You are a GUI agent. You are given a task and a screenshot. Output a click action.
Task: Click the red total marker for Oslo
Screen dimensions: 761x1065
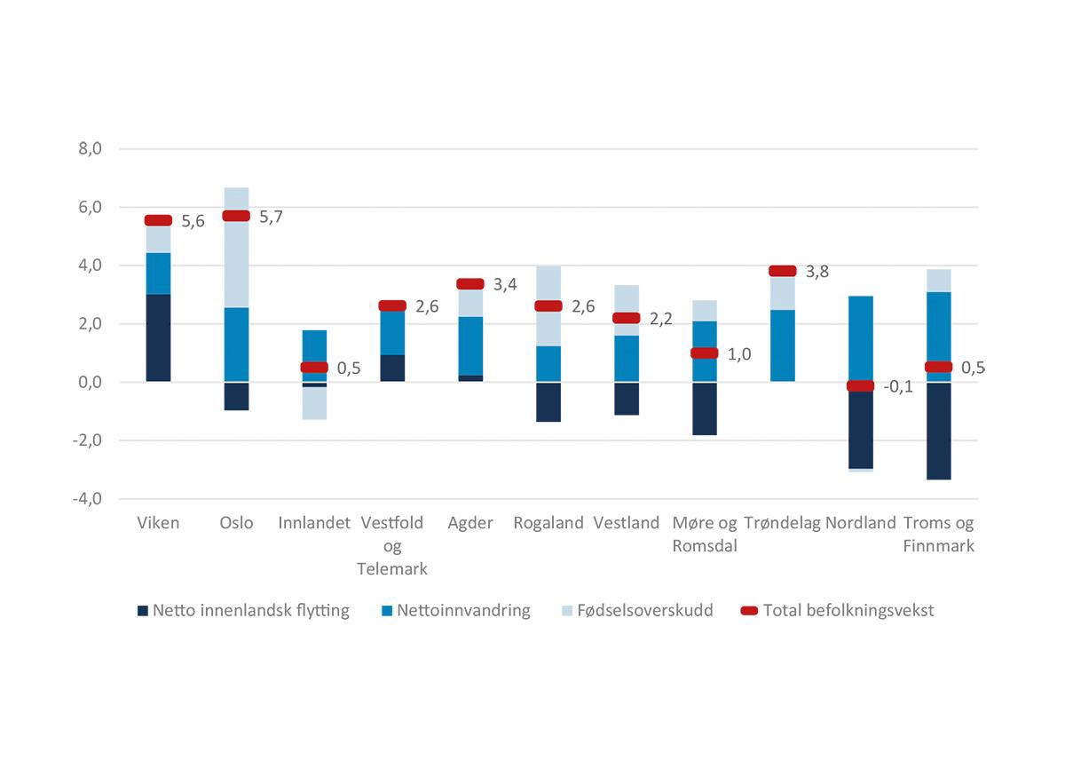click(236, 216)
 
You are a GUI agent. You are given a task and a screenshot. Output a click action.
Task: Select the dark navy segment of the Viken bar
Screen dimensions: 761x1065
click(158, 337)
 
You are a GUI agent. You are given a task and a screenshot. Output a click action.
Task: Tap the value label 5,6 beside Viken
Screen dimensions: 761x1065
click(193, 222)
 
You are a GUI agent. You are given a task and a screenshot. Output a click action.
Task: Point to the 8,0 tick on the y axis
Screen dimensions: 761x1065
click(91, 149)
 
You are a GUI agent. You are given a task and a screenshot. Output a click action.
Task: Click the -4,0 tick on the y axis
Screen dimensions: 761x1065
click(89, 499)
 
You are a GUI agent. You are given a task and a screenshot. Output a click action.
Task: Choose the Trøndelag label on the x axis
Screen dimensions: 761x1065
click(782, 523)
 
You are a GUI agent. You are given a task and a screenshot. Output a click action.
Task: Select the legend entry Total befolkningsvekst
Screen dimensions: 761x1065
click(848, 610)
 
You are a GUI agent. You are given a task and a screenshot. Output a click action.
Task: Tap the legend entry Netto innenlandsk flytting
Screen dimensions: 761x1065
click(250, 610)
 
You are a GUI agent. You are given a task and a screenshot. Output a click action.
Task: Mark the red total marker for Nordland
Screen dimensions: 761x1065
click(861, 385)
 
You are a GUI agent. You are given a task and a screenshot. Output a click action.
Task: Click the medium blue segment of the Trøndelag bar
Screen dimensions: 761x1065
click(783, 346)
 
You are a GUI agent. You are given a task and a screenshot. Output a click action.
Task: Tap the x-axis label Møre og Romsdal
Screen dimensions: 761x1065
click(705, 534)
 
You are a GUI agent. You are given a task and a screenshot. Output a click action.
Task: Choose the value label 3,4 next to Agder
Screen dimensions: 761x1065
click(505, 285)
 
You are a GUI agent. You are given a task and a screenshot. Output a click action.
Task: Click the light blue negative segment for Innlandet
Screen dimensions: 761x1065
click(314, 403)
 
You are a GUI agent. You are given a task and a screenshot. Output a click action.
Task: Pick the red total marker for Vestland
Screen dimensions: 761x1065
click(627, 318)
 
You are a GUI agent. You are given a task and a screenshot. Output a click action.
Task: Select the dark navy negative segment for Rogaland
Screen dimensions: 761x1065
click(548, 401)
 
